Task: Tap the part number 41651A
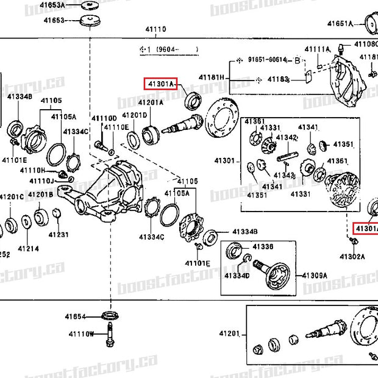tap(340, 24)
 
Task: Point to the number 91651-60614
tap(267, 60)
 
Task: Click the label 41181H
tap(212, 77)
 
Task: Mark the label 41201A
tap(151, 103)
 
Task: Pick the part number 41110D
tap(104, 118)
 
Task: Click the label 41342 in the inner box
tap(287, 137)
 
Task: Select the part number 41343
tap(284, 176)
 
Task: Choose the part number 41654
tap(76, 316)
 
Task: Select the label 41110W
tap(81, 334)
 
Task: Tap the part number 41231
tap(59, 234)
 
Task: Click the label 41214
tap(28, 249)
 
